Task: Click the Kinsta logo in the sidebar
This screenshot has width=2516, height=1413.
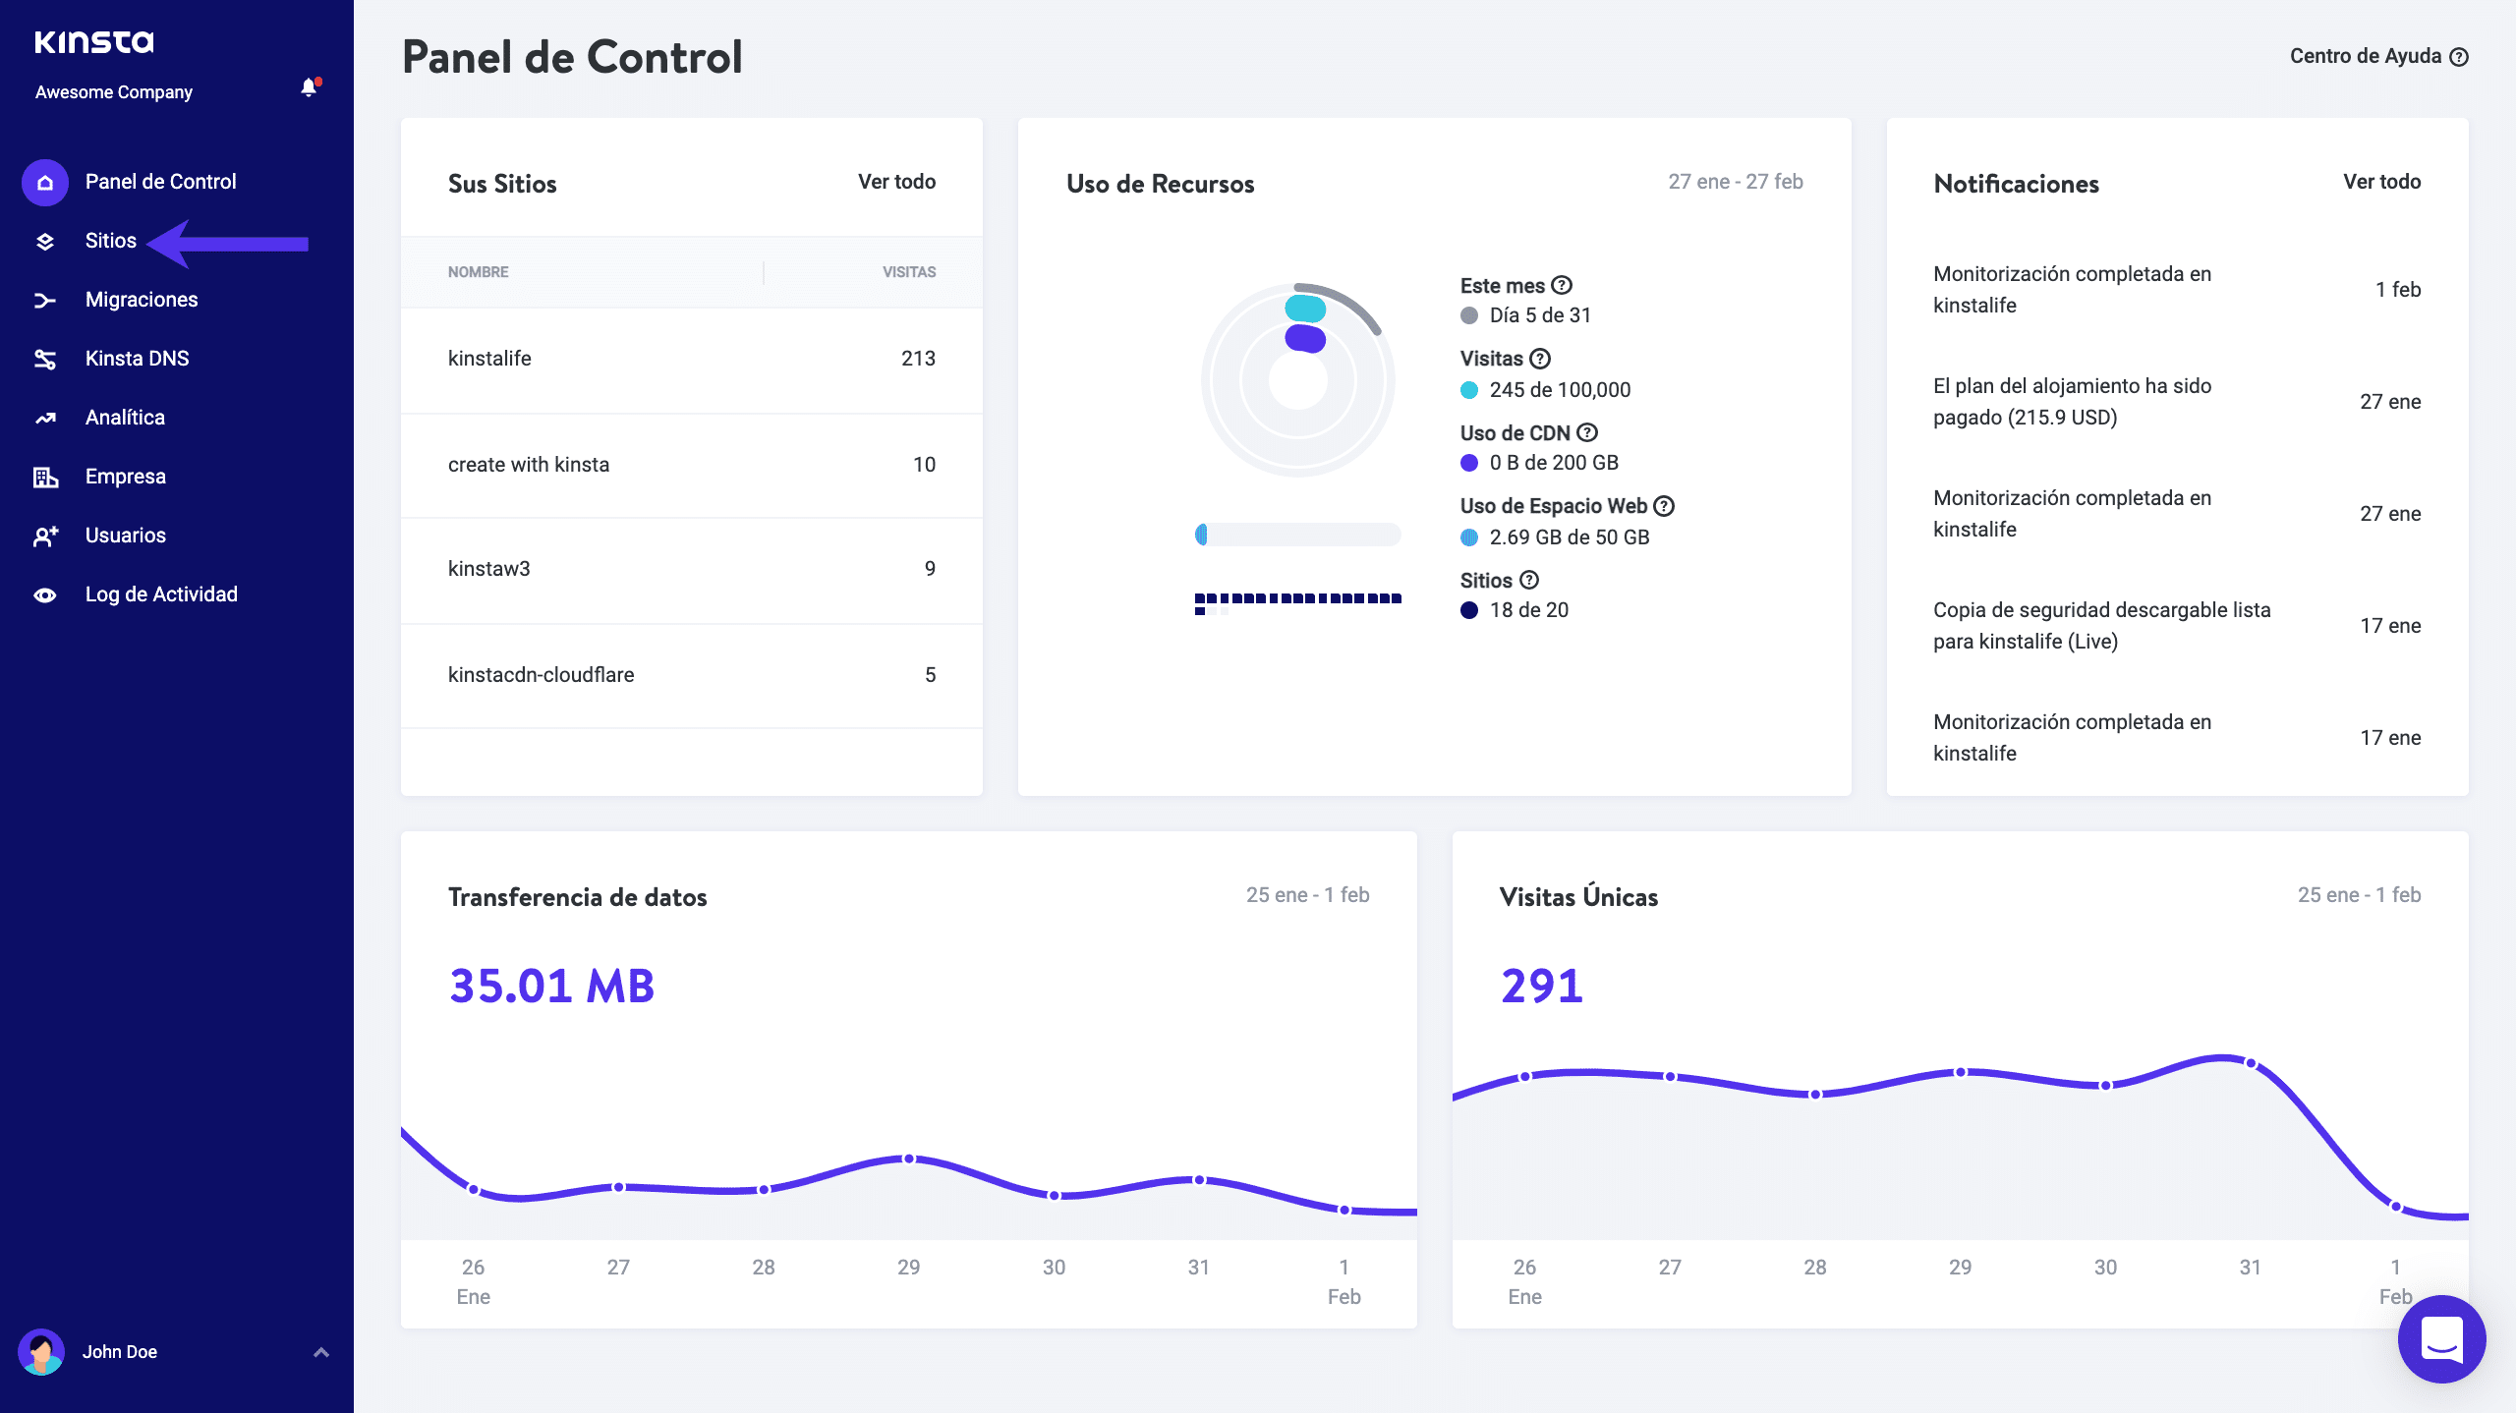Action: click(x=94, y=41)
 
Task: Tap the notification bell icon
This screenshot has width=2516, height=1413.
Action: click(x=309, y=88)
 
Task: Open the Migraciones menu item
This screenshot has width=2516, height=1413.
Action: click(x=142, y=300)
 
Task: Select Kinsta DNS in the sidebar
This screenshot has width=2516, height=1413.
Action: click(x=137, y=359)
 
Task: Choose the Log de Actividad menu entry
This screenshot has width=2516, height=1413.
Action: click(x=161, y=594)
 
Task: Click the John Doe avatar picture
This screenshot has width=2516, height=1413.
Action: click(x=41, y=1352)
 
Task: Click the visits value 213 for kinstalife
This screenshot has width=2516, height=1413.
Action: click(x=918, y=359)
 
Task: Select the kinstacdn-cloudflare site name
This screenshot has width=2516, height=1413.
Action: click(x=541, y=675)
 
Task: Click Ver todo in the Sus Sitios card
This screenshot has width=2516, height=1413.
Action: click(x=896, y=182)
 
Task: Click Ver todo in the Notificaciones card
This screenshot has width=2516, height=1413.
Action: click(x=2381, y=182)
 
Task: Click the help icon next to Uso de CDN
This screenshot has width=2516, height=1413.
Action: click(x=1587, y=432)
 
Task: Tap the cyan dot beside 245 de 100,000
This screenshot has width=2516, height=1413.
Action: click(x=1469, y=390)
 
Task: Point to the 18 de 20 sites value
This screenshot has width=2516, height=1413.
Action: click(x=1528, y=610)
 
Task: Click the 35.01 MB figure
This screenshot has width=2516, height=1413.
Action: click(x=551, y=986)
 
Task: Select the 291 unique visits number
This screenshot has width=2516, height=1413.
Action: click(x=1541, y=986)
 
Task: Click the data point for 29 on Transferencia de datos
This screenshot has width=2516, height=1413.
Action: click(x=909, y=1159)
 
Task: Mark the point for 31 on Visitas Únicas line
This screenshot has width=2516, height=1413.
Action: click(x=2251, y=1063)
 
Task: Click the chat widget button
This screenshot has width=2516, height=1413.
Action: click(x=2441, y=1338)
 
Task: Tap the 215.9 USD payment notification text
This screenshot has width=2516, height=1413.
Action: click(x=2072, y=402)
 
